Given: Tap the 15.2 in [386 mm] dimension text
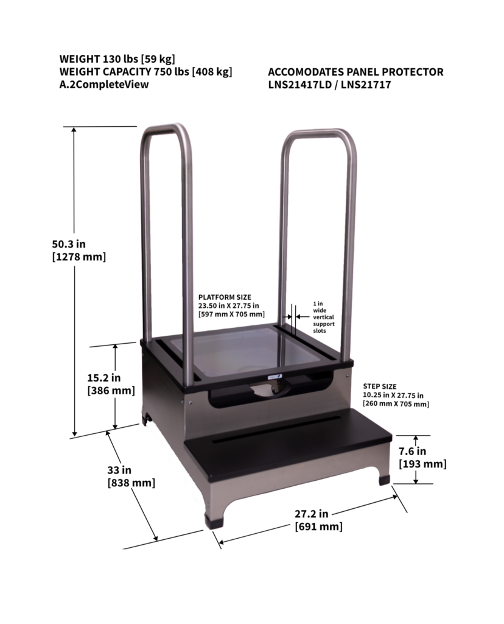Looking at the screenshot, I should pos(111,384).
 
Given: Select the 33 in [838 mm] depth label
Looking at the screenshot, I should pos(130,476).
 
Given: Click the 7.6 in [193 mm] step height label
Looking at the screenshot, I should pos(422,458).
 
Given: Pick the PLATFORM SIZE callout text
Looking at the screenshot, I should pos(231,305).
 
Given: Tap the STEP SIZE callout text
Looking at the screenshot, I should pos(396,395).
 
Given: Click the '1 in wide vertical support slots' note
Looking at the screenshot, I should pos(323,317).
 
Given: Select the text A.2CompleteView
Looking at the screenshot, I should pos(104,85).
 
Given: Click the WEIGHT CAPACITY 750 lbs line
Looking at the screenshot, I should pos(145,72).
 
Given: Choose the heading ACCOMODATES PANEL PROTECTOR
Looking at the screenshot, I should pos(355,72).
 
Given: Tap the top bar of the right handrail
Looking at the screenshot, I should pos(319,132).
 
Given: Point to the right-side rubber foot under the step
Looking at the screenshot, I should pos(384,480).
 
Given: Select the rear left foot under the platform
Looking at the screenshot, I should pos(147,419).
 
